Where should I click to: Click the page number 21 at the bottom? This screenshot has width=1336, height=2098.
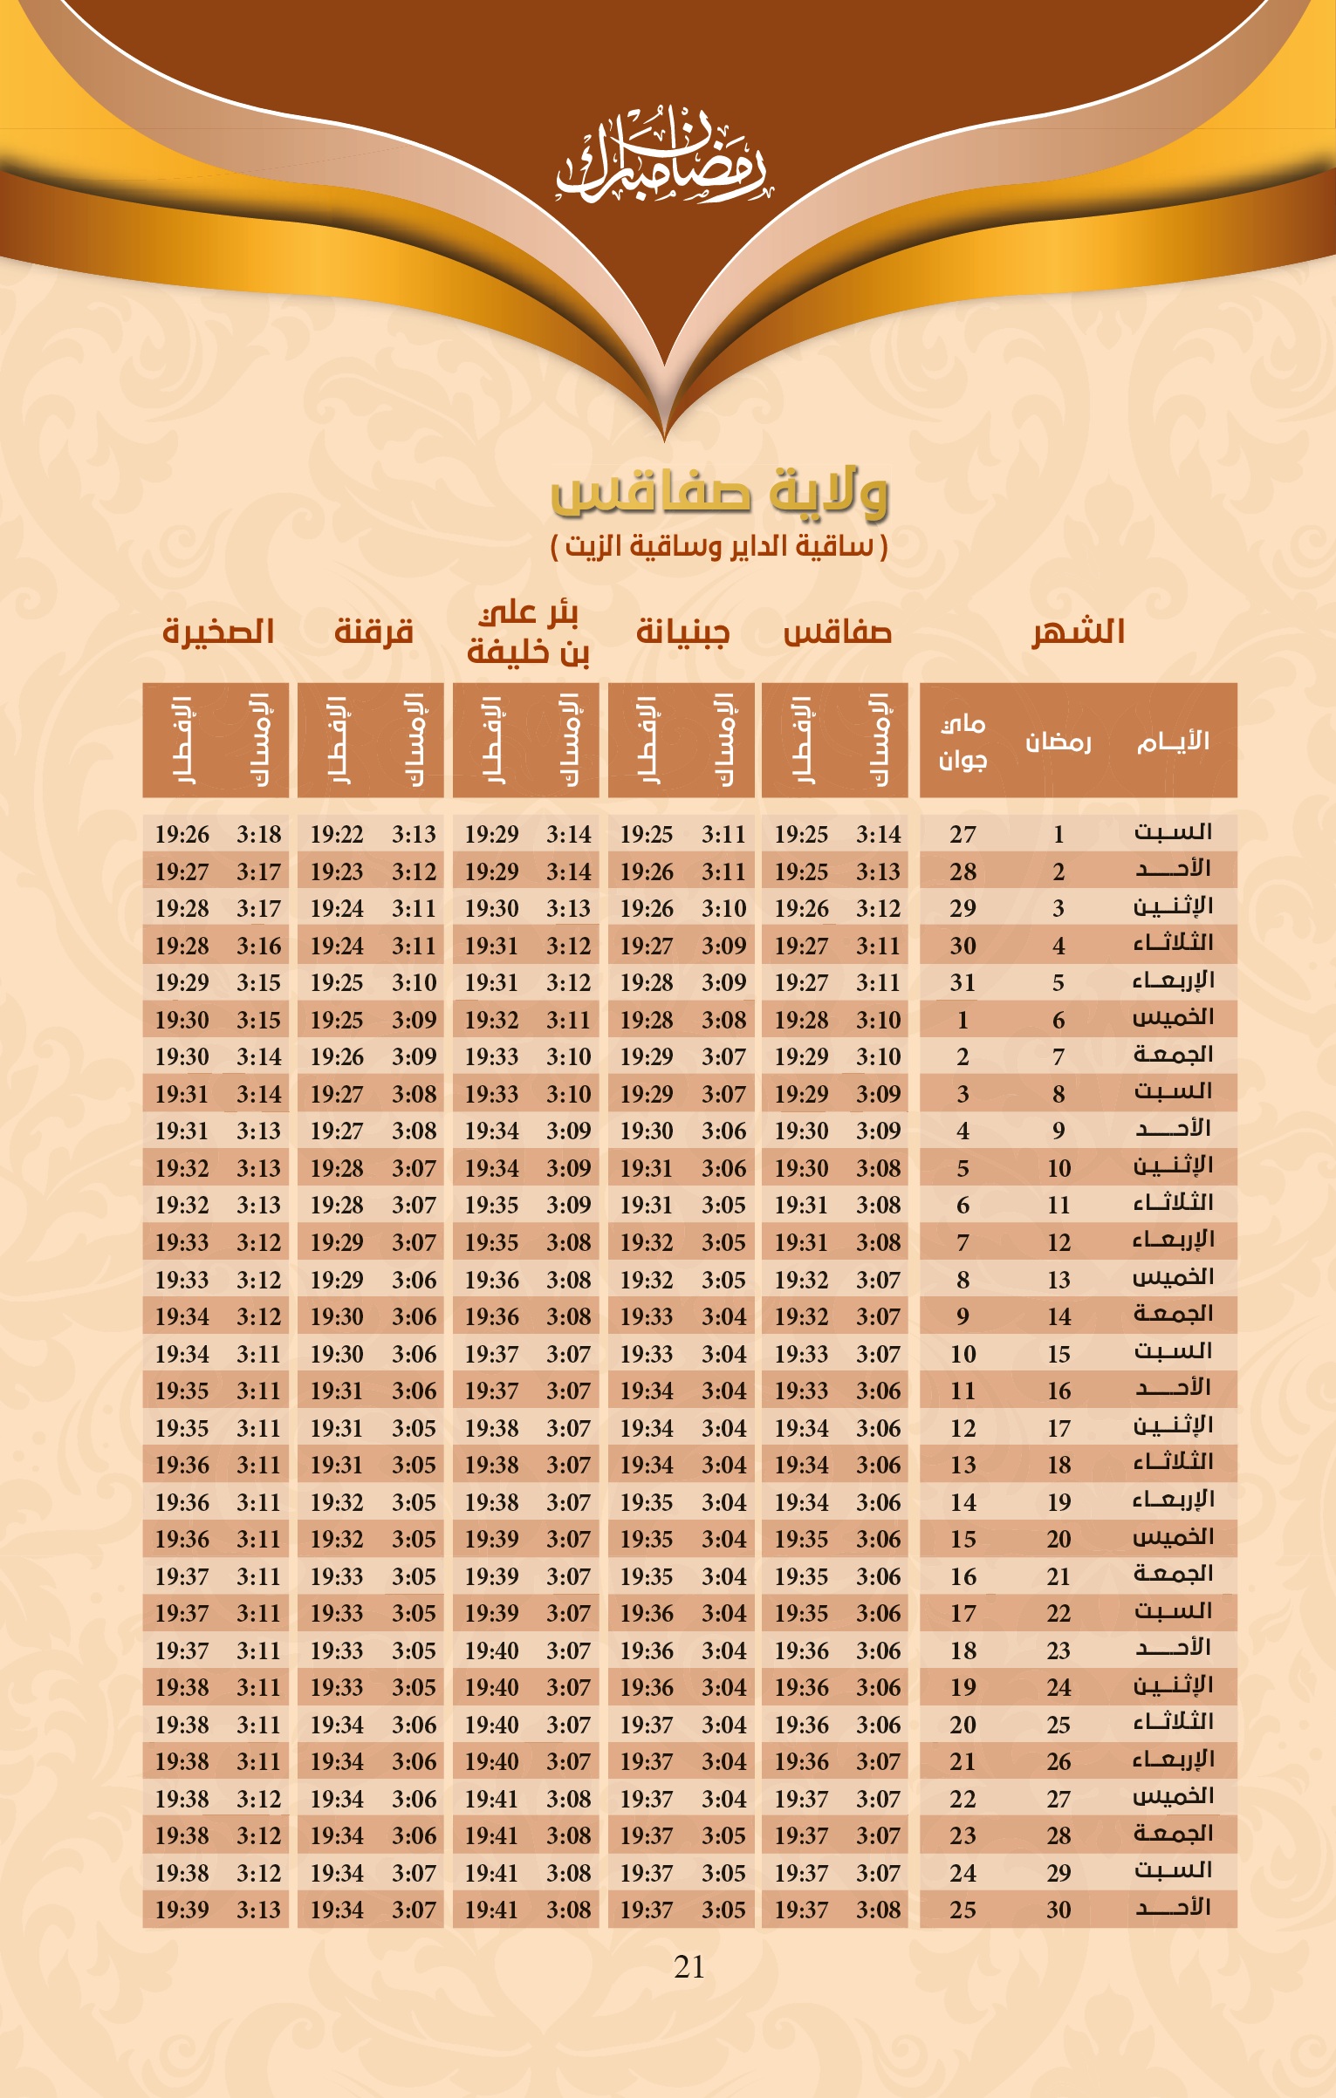tap(689, 1966)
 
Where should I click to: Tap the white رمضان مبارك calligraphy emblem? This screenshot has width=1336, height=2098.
tap(661, 158)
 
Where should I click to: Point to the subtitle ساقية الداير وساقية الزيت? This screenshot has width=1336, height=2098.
tap(719, 547)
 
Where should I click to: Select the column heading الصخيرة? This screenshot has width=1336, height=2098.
tap(218, 631)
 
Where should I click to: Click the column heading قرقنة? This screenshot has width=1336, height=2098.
tap(373, 631)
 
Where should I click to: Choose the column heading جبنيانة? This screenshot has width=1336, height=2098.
tap(682, 631)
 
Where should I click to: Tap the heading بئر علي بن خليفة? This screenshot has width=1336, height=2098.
tap(528, 632)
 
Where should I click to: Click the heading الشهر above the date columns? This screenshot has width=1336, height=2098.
tap(1079, 631)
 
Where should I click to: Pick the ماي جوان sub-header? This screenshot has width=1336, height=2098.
tap(963, 741)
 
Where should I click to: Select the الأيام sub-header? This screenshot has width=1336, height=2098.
tap(1173, 741)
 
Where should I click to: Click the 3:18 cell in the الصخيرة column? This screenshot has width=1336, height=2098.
tap(259, 834)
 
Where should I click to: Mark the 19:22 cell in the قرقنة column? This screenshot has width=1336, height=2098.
tap(337, 834)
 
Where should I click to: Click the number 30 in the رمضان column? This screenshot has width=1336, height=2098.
tap(1059, 1910)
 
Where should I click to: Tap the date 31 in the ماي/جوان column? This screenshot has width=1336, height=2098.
tap(963, 982)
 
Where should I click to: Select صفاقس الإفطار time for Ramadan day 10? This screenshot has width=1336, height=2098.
tap(801, 1168)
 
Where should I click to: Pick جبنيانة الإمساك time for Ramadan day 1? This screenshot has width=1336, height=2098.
tap(723, 834)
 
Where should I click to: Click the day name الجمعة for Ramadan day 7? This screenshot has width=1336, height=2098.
tap(1173, 1055)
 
